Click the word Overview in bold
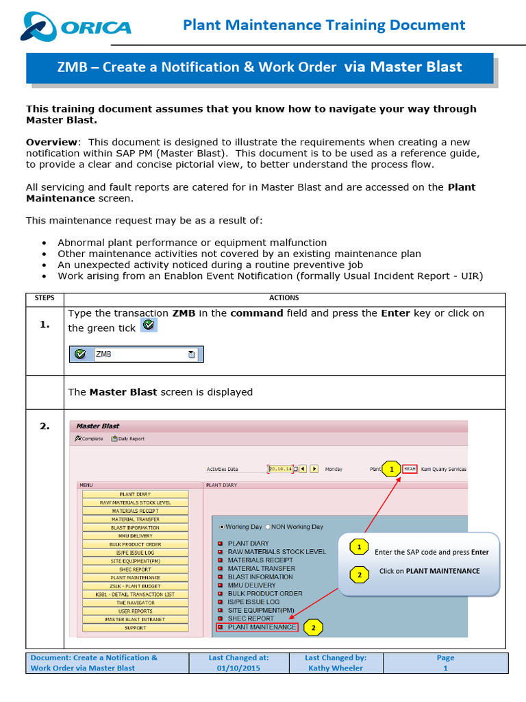coord(51,141)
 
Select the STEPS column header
coord(45,298)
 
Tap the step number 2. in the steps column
coord(45,426)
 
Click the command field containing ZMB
coord(140,354)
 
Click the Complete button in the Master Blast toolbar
coord(89,439)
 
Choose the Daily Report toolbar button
coord(128,439)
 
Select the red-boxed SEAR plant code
coord(410,469)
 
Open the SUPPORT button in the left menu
coord(135,628)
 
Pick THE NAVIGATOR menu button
coord(135,603)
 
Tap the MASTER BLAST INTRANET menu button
coord(135,620)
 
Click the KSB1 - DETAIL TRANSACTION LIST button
coord(135,594)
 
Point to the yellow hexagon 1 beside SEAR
coord(391,470)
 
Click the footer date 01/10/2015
coord(238,668)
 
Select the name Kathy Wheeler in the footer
coord(336,668)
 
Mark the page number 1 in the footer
coord(445,668)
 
